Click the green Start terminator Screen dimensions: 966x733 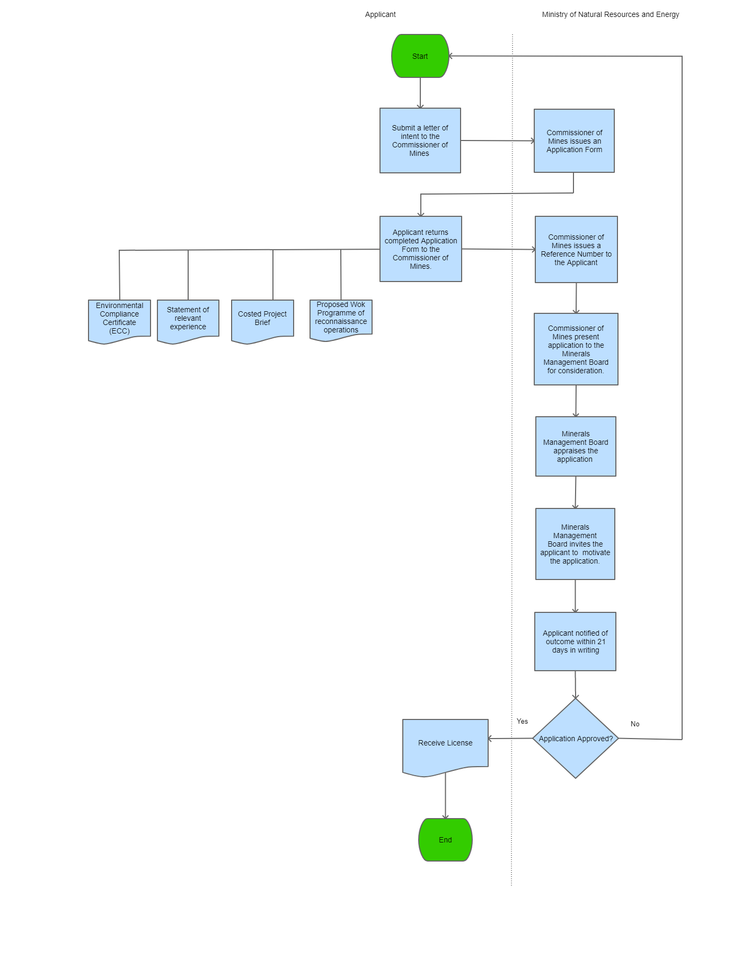click(420, 56)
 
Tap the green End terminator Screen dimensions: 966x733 click(445, 840)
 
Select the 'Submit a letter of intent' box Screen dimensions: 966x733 click(420, 140)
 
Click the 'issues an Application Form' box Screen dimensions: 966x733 click(574, 141)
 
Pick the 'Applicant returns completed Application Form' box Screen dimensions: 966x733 click(420, 249)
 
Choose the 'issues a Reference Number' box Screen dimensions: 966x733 click(576, 250)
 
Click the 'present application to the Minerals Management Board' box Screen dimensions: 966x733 click(576, 349)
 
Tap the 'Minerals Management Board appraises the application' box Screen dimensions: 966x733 click(576, 446)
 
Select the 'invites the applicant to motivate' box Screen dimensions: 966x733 click(575, 544)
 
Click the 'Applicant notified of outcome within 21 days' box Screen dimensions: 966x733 click(575, 642)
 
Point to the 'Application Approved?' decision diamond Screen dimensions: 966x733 click(576, 739)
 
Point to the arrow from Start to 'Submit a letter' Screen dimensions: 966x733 click(420, 93)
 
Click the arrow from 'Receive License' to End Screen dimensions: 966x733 click(445, 795)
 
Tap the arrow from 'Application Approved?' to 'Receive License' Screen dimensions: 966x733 click(510, 738)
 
